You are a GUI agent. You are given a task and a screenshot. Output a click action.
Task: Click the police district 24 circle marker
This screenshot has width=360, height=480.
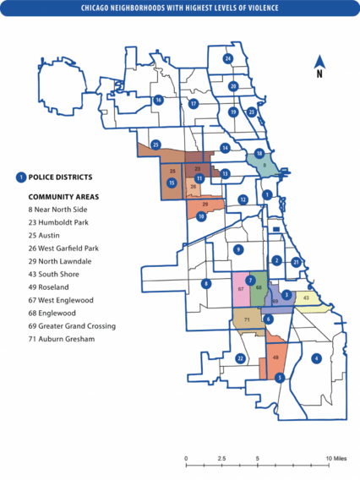pyautogui.click(x=227, y=58)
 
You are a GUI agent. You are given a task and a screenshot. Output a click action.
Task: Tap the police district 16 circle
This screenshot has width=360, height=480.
pyautogui.click(x=158, y=100)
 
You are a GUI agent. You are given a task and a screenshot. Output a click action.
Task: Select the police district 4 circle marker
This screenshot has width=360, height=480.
pyautogui.click(x=316, y=358)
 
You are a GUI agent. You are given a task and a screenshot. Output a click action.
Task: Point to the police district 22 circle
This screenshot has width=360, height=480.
pyautogui.click(x=240, y=359)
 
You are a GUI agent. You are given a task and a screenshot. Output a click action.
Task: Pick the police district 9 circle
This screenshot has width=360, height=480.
pyautogui.click(x=238, y=249)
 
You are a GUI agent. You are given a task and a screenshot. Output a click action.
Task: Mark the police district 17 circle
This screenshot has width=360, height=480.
pyautogui.click(x=194, y=104)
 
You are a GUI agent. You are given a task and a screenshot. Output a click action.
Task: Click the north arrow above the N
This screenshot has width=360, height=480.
pyautogui.click(x=319, y=61)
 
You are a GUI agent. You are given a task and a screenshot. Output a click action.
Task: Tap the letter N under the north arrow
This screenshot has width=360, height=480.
pyautogui.click(x=319, y=74)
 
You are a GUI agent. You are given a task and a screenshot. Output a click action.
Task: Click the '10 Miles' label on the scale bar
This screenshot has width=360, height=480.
pyautogui.click(x=336, y=458)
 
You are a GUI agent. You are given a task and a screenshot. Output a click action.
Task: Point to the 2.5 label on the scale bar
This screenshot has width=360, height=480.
pyautogui.click(x=221, y=458)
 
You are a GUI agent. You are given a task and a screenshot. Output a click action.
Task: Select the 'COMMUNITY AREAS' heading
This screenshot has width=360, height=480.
pyautogui.click(x=63, y=196)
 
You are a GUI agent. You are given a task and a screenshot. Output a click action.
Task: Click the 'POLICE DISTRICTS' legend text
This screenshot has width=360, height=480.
pyautogui.click(x=60, y=177)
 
